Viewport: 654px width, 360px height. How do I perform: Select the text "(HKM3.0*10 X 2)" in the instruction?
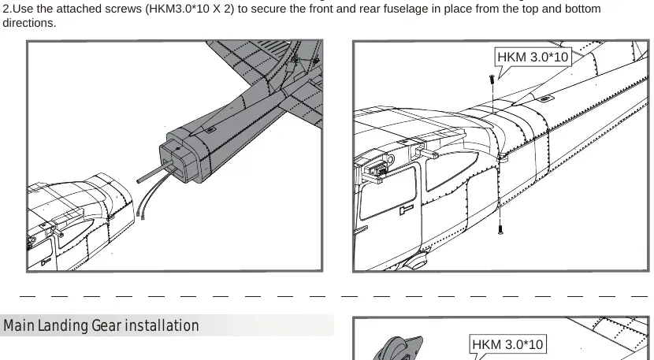tap(190, 9)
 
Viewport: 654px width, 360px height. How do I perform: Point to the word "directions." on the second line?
tap(29, 23)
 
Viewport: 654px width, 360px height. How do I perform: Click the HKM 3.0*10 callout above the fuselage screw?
tap(533, 57)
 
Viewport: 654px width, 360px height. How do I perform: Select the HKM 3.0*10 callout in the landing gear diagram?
tap(507, 344)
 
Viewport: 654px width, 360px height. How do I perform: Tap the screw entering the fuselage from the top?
tap(492, 80)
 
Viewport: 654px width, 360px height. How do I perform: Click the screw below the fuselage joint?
tap(500, 229)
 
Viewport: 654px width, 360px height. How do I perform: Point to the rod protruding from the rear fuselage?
tap(154, 173)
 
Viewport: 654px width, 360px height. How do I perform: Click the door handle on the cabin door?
tap(407, 210)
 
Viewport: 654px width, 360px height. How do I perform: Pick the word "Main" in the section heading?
tap(19, 326)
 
